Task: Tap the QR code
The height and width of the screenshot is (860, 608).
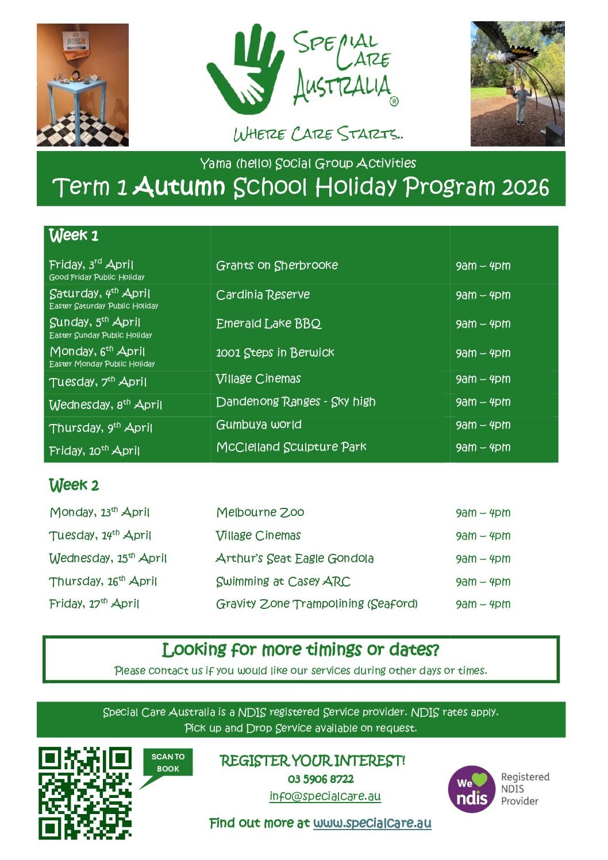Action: (x=85, y=792)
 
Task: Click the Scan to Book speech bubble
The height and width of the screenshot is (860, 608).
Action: (x=168, y=763)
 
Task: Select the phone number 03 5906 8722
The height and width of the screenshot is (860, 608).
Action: (x=321, y=779)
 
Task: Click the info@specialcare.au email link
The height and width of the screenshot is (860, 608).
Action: (x=325, y=796)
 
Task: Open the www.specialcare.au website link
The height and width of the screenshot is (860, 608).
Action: (x=372, y=823)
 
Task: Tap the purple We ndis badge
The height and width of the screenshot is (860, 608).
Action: (x=471, y=789)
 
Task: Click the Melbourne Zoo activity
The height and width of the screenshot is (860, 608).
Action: (x=260, y=512)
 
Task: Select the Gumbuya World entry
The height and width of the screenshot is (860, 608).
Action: (x=259, y=425)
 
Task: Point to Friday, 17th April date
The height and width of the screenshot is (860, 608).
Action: (x=94, y=604)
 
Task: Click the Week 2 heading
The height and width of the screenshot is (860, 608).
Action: (x=74, y=485)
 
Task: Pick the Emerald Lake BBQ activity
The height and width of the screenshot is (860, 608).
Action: (x=268, y=323)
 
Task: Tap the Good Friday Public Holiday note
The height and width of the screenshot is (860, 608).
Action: (x=97, y=277)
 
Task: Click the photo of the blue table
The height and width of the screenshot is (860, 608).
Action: (x=82, y=85)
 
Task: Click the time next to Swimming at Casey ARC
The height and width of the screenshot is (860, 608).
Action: (x=483, y=581)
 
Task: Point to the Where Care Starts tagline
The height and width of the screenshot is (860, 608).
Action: (x=318, y=134)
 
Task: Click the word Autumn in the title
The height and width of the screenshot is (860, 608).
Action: (x=179, y=187)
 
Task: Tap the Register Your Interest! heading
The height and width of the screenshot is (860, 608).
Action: (x=312, y=761)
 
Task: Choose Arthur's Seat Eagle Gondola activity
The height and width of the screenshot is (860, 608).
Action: (x=294, y=558)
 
